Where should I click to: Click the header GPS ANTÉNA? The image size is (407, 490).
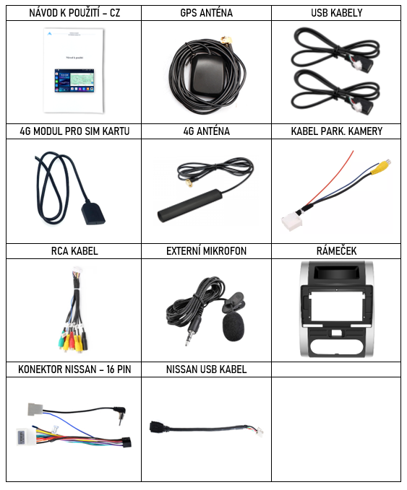tap(206, 13)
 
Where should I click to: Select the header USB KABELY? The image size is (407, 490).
tap(337, 13)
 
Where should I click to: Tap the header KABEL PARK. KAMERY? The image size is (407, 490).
tap(337, 131)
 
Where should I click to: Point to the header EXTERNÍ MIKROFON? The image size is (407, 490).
tap(206, 251)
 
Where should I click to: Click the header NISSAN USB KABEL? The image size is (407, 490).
tap(206, 369)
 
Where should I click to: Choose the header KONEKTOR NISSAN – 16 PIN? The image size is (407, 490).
tap(74, 369)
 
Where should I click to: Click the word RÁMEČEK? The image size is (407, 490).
tap(337, 250)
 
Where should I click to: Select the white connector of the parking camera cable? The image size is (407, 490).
tap(291, 222)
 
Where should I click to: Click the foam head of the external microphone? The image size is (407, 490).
tap(233, 327)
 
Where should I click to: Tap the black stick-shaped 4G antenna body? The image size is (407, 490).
tap(189, 205)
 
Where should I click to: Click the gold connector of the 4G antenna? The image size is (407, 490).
tap(189, 183)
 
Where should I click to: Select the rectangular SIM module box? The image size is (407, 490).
tap(93, 214)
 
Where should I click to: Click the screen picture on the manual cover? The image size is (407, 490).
tap(74, 81)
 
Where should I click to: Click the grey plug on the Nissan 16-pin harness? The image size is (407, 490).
tap(35, 409)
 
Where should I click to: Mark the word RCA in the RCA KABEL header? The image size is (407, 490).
tap(60, 251)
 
